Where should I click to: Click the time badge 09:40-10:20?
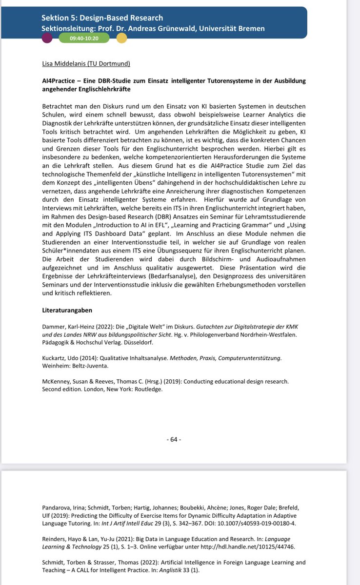click(x=84, y=38)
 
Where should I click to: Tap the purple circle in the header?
click(x=47, y=38)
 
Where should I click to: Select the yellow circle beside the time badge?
click(x=121, y=38)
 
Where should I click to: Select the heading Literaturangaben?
click(x=67, y=311)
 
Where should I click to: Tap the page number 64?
click(x=173, y=439)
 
